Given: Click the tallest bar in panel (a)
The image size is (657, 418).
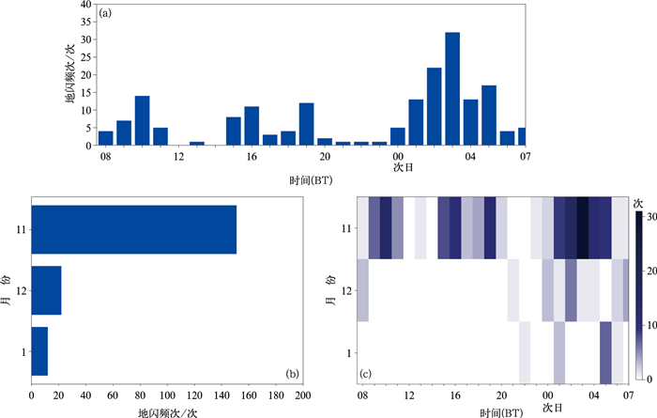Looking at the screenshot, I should [452, 89].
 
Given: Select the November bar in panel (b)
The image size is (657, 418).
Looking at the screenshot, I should [133, 229].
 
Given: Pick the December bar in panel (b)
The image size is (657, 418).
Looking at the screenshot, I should [46, 290].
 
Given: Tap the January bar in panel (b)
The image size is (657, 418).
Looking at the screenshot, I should [39, 351].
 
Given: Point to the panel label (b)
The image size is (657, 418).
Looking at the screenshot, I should [292, 374].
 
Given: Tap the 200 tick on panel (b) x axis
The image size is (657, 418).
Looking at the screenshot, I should [303, 396].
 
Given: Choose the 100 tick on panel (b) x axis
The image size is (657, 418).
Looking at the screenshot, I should [167, 396].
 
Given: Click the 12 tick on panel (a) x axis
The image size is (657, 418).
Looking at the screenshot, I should [178, 157].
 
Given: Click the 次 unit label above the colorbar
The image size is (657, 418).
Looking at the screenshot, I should [638, 202].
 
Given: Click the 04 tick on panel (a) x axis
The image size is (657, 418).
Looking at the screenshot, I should [470, 157].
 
